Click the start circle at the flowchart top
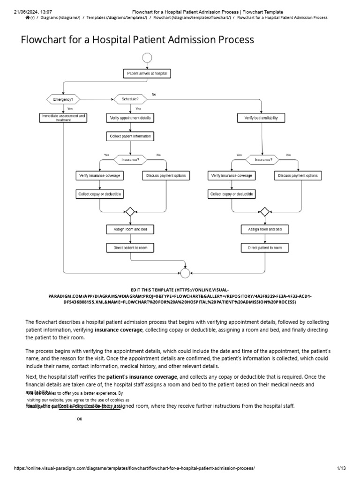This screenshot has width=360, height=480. point(147,58)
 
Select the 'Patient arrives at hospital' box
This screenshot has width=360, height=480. point(147,74)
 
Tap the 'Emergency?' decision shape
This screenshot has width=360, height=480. point(63,99)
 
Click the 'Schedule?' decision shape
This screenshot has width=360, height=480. point(130,99)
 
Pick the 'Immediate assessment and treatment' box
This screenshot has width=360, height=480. point(63,118)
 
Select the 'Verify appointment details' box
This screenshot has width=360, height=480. point(130,118)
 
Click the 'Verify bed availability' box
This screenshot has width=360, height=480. point(261,118)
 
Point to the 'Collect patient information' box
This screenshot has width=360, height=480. point(130,136)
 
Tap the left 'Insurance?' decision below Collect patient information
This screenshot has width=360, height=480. point(130,159)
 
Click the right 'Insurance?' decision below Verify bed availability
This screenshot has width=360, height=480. point(263,159)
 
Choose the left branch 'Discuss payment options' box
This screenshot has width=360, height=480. point(166,176)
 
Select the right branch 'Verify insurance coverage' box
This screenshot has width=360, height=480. point(232,176)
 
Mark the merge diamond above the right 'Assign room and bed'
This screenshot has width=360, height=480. point(265,211)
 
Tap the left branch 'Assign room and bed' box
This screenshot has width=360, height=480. point(130,229)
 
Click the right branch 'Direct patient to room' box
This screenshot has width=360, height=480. point(265,247)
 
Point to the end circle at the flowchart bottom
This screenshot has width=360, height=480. point(185,273)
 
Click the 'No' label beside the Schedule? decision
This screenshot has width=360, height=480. point(154,94)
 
